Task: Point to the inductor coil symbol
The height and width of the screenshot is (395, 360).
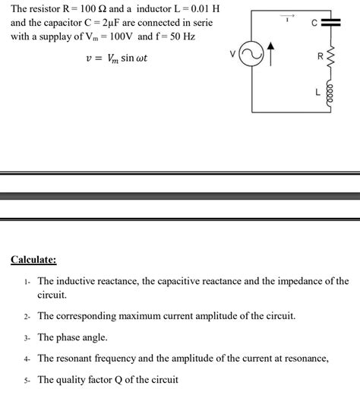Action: click(x=330, y=93)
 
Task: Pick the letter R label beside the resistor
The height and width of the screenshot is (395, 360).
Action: click(x=320, y=57)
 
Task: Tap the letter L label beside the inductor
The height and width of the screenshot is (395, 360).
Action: click(x=318, y=92)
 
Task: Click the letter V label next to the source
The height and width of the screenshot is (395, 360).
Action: click(x=233, y=53)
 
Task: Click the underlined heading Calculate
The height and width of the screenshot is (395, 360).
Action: click(x=33, y=260)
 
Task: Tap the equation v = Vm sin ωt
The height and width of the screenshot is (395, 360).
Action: click(x=113, y=57)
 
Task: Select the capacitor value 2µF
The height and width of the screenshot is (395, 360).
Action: click(x=105, y=23)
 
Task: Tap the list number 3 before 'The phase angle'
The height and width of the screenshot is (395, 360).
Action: click(x=27, y=337)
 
